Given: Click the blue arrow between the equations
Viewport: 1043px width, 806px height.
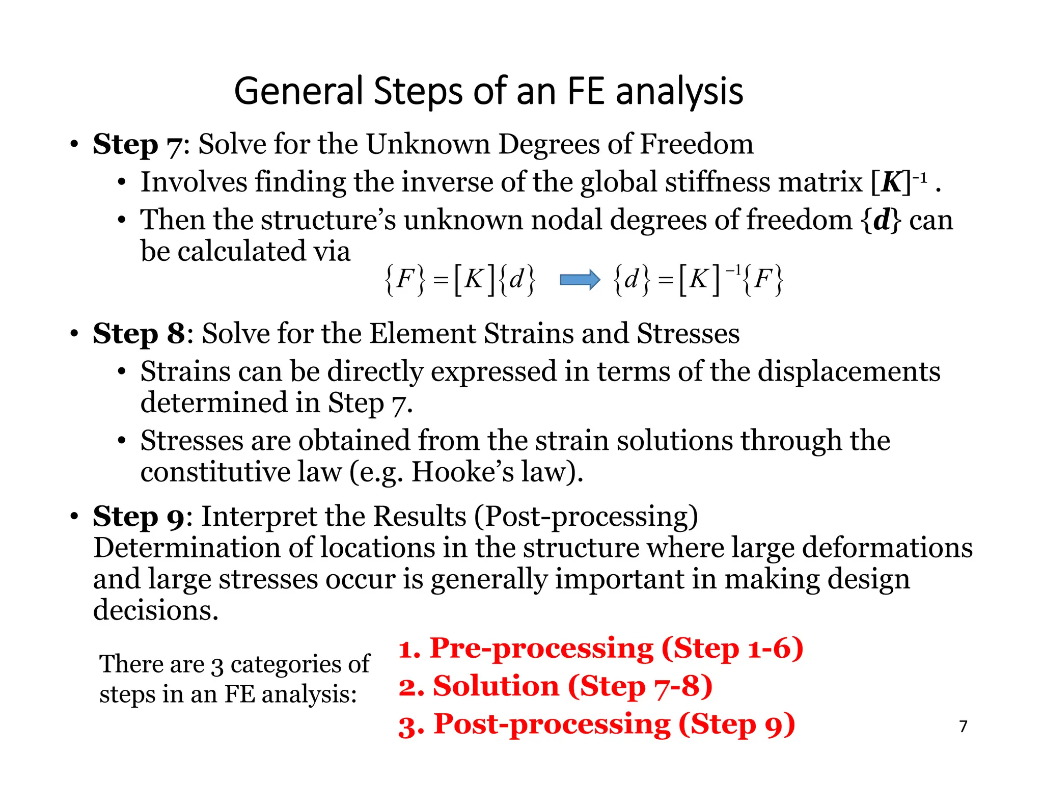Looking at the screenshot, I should tap(580, 280).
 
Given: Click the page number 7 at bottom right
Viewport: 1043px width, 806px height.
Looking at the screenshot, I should tap(963, 726).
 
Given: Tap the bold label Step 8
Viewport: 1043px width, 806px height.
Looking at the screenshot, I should tap(139, 334).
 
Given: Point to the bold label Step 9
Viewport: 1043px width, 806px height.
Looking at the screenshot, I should tap(139, 517).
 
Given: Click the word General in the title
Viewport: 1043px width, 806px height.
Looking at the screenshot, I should tap(299, 91).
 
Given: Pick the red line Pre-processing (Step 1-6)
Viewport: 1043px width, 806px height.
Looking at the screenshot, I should tap(601, 649).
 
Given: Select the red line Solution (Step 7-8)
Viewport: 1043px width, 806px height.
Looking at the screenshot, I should tap(555, 686).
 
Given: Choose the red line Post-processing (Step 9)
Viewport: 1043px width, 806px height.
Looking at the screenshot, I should tap(596, 724).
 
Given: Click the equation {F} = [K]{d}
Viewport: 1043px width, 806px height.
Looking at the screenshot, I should tap(460, 280).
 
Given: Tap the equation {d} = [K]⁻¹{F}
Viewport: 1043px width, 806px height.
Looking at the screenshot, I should tap(698, 280).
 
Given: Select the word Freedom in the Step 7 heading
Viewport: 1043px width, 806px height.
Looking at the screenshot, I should tap(696, 144).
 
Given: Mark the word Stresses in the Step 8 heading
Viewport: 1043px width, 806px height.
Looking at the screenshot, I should tap(688, 334).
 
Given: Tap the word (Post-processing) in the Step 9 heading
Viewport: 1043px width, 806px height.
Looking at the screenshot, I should tap(586, 517).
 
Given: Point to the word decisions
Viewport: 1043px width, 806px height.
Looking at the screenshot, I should tap(156, 610).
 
